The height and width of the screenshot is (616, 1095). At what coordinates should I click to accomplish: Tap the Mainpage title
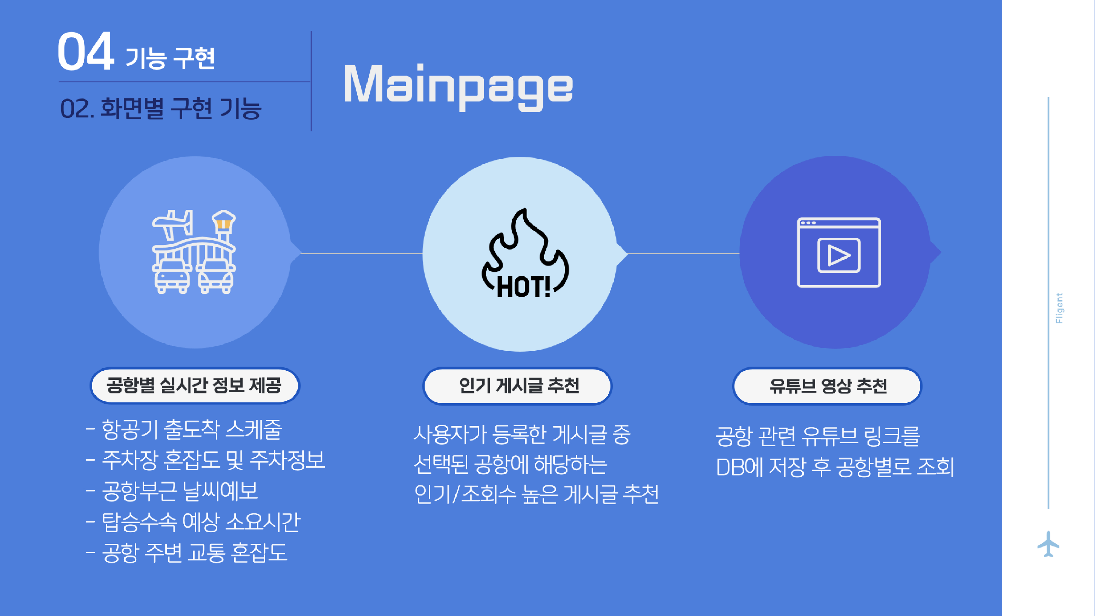[x=458, y=87]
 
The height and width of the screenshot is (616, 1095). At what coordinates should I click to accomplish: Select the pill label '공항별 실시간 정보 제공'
[x=195, y=385]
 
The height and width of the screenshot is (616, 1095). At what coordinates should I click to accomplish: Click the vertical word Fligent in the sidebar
[x=1059, y=308]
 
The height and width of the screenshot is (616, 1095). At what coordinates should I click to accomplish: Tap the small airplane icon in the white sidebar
[x=1048, y=544]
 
